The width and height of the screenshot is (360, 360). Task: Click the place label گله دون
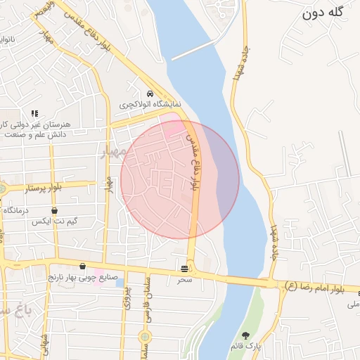click(327, 13)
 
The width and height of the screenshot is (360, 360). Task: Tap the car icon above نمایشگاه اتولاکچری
click(150, 94)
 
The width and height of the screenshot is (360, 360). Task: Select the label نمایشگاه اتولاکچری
click(150, 105)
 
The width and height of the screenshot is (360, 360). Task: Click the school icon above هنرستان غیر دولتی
click(34, 112)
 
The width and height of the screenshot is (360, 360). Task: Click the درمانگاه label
click(14, 210)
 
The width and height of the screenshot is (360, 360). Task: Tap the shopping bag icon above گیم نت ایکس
click(54, 210)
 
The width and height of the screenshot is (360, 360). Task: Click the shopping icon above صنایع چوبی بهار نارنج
click(83, 266)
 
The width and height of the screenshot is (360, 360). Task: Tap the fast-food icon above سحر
click(184, 268)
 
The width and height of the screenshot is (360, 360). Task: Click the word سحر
click(184, 279)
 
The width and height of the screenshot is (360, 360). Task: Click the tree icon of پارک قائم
click(245, 335)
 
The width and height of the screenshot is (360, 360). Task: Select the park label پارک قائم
click(245, 346)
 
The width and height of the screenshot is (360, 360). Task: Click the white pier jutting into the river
click(193, 49)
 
